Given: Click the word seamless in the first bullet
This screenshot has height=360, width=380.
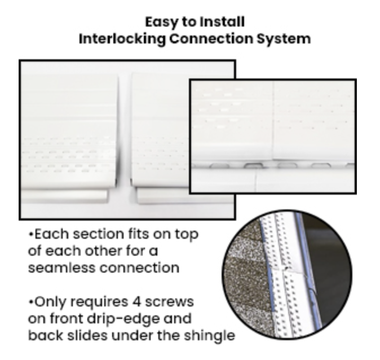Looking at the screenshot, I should click(x=61, y=267).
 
